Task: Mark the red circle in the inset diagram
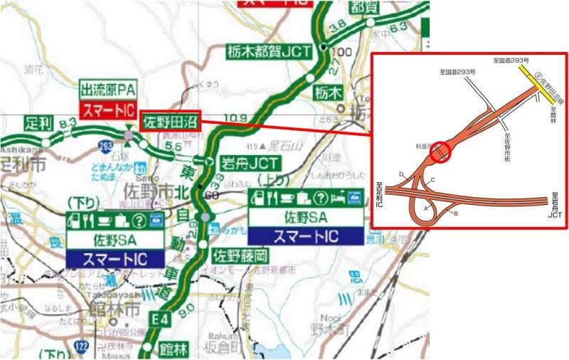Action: click(x=441, y=152)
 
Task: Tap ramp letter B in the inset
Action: click(x=455, y=213)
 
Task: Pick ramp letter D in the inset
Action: click(x=402, y=174)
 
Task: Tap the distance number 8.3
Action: click(x=68, y=124)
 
